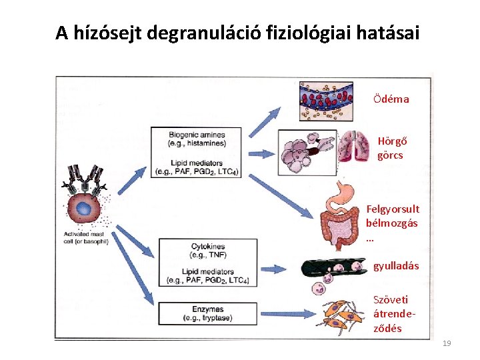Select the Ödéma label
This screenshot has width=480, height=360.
pyautogui.click(x=391, y=99)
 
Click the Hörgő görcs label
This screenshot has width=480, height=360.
pyautogui.click(x=392, y=149)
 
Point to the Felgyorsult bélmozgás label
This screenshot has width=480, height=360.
pyautogui.click(x=393, y=223)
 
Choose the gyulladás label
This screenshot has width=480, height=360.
pyautogui.click(x=396, y=265)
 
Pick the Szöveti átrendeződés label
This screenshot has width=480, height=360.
pyautogui.click(x=391, y=314)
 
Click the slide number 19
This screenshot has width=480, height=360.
pyautogui.click(x=447, y=343)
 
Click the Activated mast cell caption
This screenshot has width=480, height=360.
pyautogui.click(x=86, y=237)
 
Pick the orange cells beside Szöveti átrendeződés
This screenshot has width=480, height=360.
pyautogui.click(x=343, y=317)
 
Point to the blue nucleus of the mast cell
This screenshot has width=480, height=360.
pyautogui.click(x=84, y=209)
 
